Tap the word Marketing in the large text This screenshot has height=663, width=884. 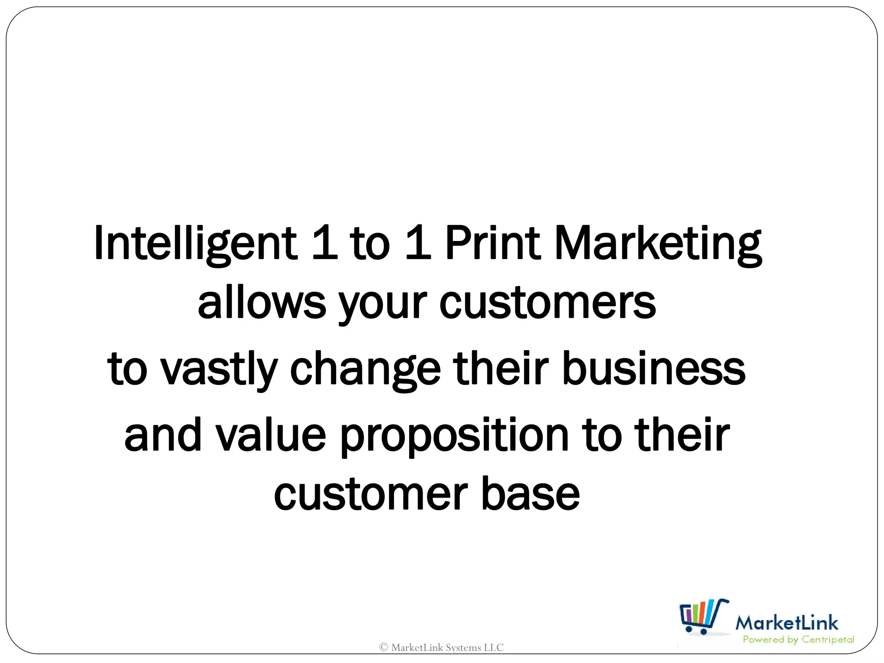click(x=658, y=244)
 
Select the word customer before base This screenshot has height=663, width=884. click(x=371, y=494)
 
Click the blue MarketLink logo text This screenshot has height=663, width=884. click(x=786, y=623)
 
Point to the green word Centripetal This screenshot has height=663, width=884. click(x=827, y=640)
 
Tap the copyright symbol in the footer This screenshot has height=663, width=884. click(x=383, y=647)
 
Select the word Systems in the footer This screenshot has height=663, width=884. click(x=463, y=648)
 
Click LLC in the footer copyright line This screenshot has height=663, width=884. click(x=493, y=647)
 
